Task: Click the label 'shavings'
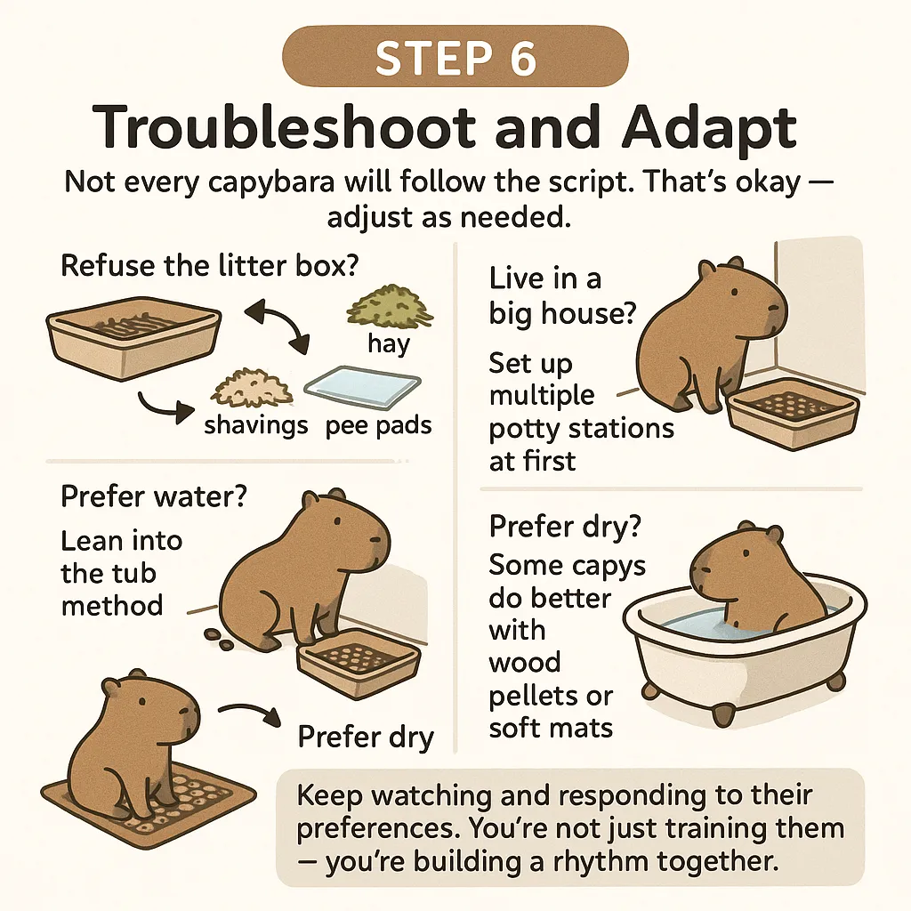[256, 425]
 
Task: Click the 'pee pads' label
[378, 425]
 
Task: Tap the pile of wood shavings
[252, 387]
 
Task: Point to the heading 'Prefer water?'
[154, 496]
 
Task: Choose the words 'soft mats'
[551, 727]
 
